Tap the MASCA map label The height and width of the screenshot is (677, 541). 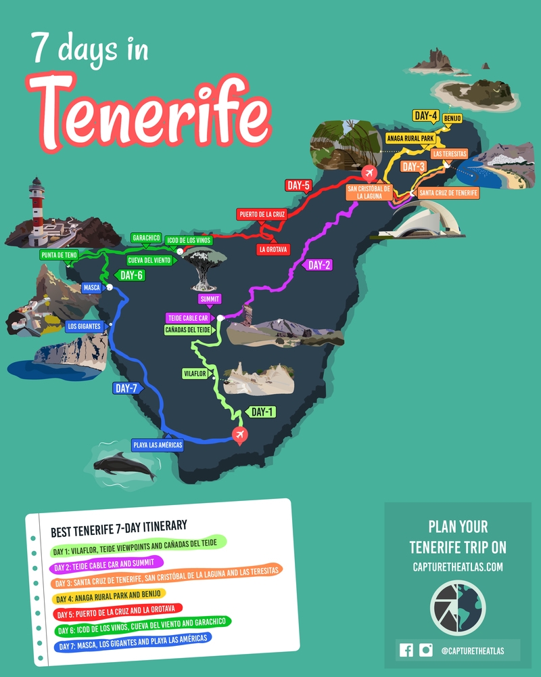tap(91, 288)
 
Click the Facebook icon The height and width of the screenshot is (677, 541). tap(406, 650)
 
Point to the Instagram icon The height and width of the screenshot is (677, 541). tap(425, 650)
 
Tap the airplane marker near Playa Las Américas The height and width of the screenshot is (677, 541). tap(239, 435)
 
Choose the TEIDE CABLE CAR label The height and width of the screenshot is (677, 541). tap(189, 318)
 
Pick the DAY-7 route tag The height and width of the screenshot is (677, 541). tap(126, 389)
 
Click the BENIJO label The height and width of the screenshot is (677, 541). tap(452, 118)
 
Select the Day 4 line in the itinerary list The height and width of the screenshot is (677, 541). tap(108, 598)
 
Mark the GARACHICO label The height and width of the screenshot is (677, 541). tap(147, 238)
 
